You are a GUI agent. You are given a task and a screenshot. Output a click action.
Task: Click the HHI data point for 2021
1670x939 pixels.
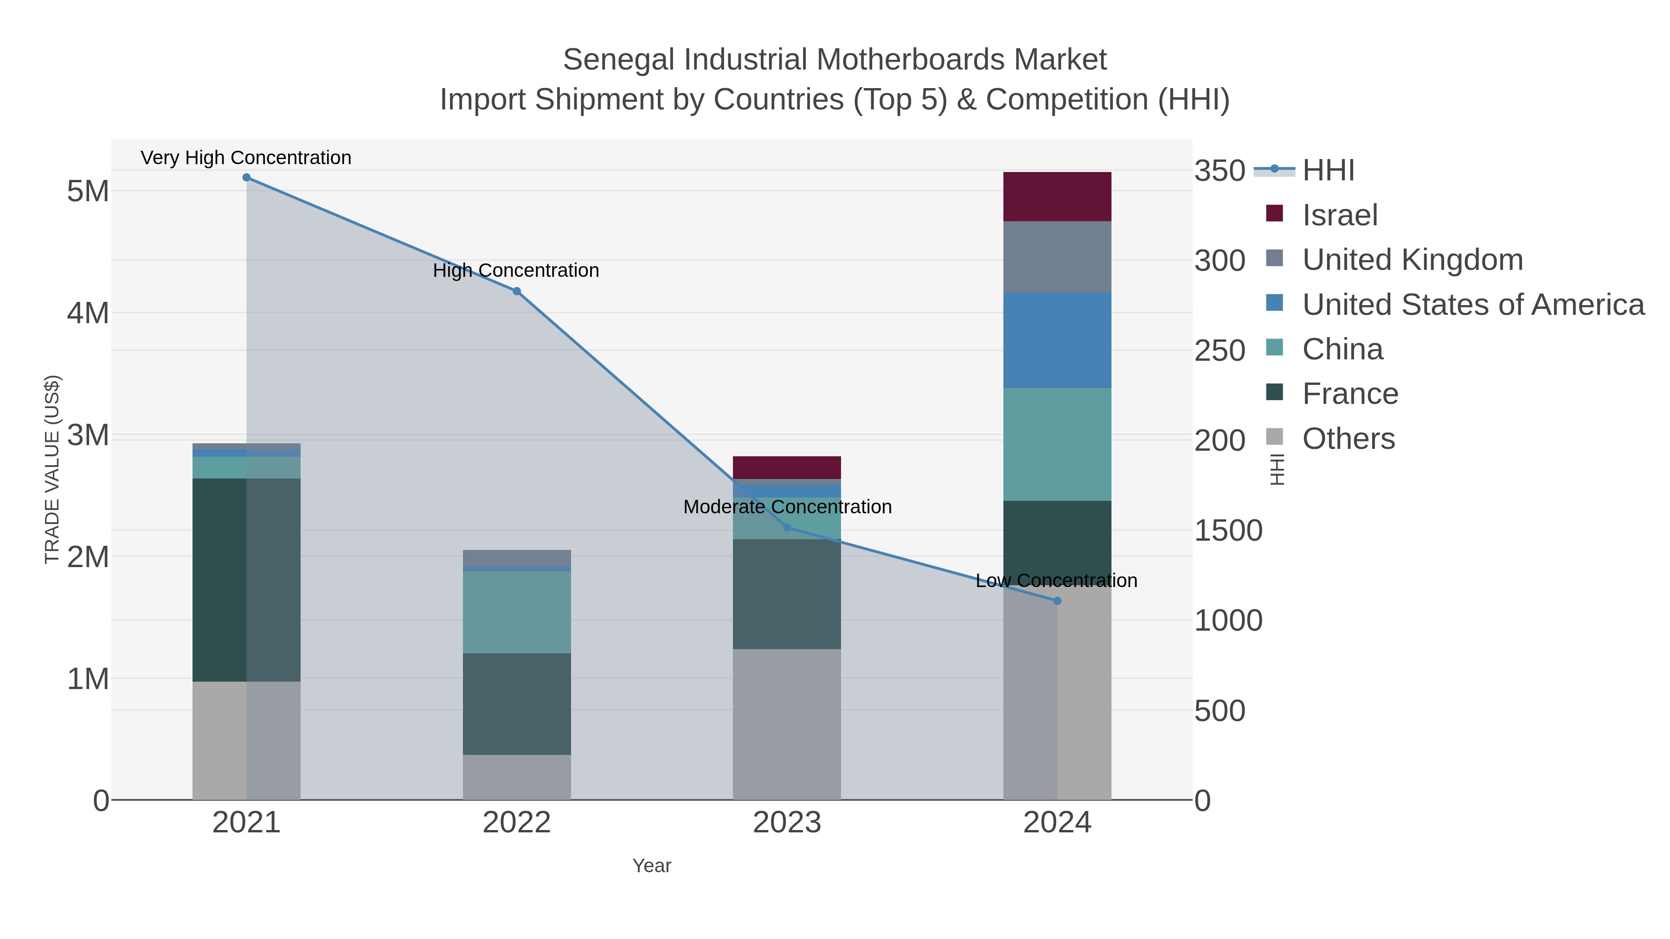(246, 178)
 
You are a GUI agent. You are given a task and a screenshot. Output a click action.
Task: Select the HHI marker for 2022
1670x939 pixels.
(517, 292)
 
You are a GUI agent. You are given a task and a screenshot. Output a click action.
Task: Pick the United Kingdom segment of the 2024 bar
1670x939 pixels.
(1057, 257)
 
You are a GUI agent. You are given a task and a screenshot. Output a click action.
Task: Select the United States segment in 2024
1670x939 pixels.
(1057, 341)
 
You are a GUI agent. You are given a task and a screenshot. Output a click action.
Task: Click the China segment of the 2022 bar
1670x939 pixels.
(517, 613)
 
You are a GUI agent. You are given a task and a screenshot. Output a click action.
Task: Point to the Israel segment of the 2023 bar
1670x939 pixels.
(787, 468)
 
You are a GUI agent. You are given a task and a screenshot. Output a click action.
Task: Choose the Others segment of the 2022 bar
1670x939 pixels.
(517, 778)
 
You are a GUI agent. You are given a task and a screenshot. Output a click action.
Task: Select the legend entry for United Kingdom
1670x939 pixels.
(1412, 260)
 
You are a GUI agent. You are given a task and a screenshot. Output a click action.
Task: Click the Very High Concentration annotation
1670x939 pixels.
(246, 158)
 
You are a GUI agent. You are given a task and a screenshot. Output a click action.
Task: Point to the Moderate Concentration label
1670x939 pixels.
(787, 507)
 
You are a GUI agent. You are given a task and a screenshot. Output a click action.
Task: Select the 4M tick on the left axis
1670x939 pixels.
(88, 313)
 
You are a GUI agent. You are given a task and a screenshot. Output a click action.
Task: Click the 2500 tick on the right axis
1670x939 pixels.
(1220, 351)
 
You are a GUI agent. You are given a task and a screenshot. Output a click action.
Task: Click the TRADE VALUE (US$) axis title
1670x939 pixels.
(52, 470)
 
